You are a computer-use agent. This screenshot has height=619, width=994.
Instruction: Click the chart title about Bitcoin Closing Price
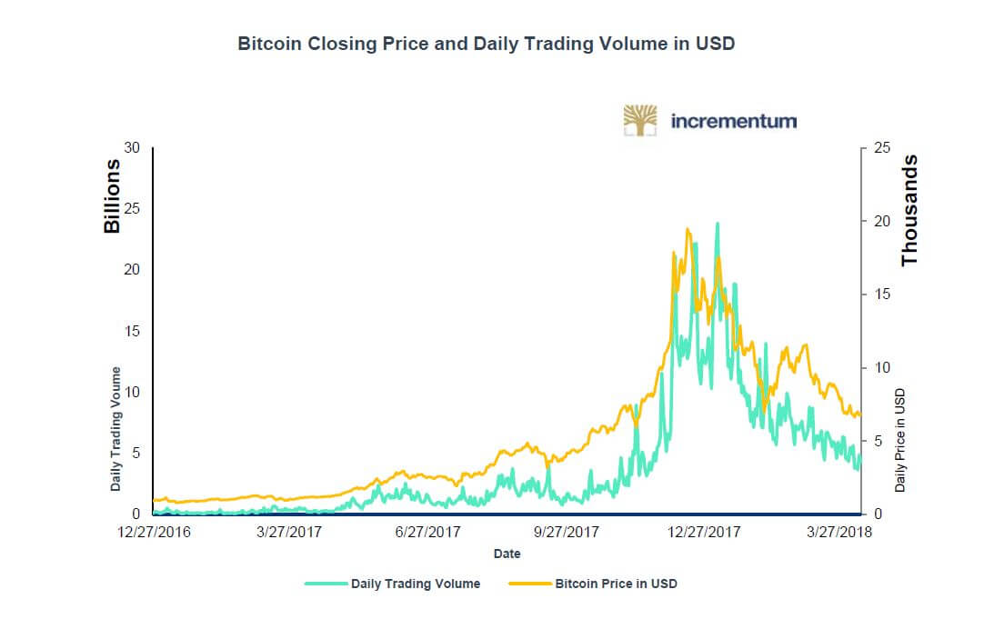[486, 44]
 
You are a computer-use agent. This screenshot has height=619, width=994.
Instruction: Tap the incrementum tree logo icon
[640, 120]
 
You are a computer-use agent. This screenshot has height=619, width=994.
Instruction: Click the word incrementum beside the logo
[733, 120]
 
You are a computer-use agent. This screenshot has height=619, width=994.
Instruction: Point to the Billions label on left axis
[113, 196]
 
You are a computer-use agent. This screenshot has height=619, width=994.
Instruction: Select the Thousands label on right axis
[909, 210]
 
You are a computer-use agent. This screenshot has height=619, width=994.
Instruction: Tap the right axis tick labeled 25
[880, 148]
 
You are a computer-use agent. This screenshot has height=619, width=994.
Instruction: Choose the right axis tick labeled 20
[880, 221]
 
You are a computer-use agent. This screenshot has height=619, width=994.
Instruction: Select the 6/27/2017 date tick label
[428, 533]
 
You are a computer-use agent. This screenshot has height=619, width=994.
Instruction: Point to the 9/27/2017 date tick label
[566, 533]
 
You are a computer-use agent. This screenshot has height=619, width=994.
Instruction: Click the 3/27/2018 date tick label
[839, 533]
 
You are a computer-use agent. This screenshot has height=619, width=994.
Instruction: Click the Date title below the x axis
[507, 554]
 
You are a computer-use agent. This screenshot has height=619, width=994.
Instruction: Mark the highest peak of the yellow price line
[688, 229]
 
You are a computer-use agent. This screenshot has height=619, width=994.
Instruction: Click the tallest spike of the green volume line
[718, 223]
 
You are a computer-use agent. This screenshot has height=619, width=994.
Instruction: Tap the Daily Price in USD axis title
[900, 440]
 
